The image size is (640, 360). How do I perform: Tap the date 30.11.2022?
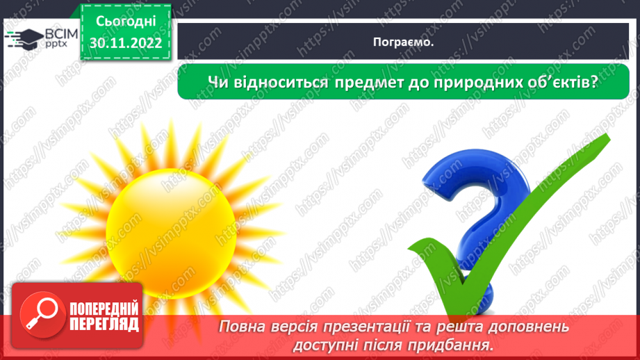[125, 43]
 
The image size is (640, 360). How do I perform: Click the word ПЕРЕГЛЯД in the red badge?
[104, 324]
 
